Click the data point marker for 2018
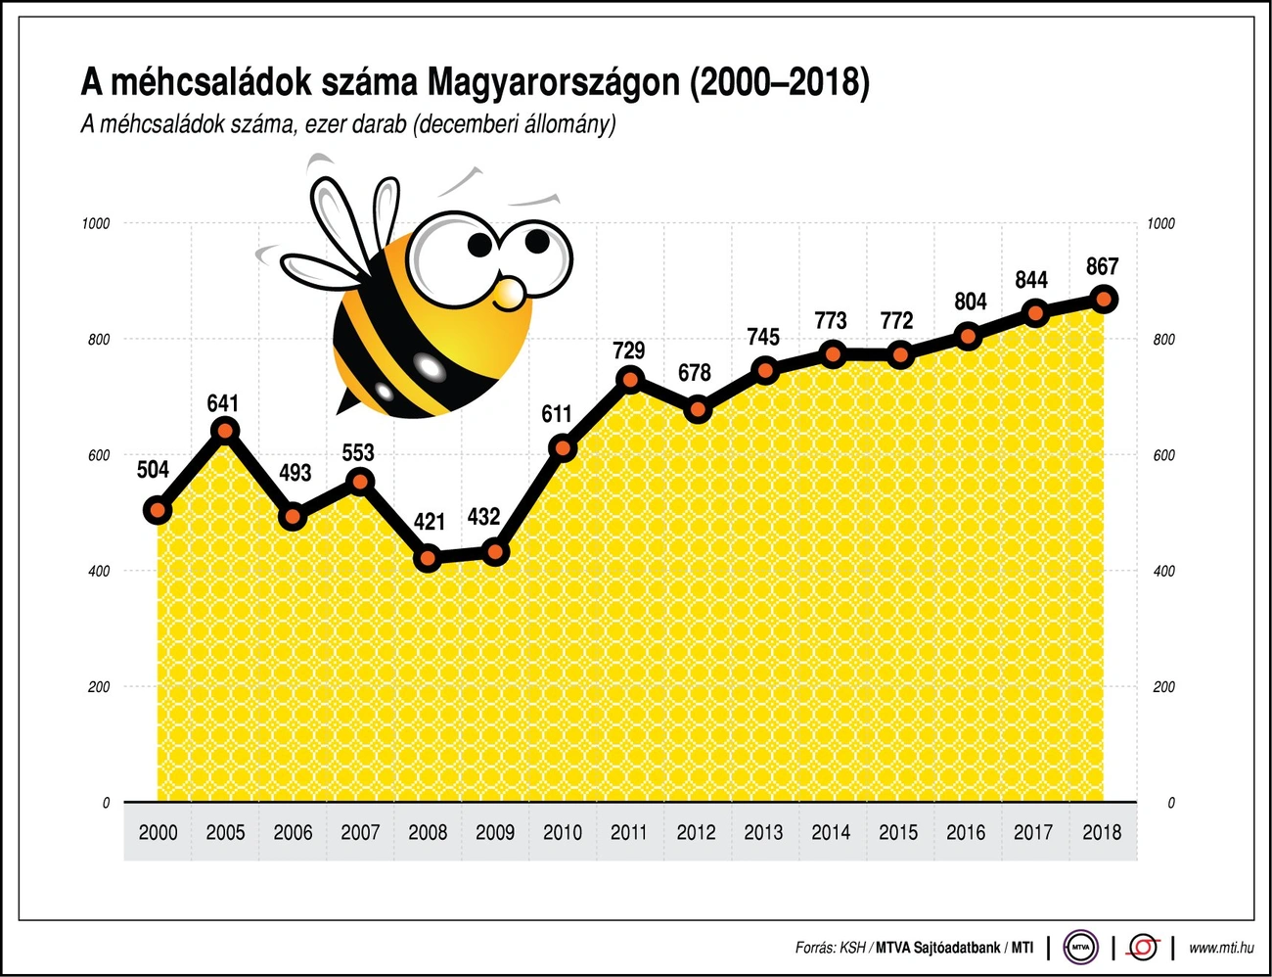[x=1104, y=300]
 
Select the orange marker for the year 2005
[x=225, y=431]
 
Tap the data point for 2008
[x=428, y=559]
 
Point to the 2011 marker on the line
[x=630, y=380]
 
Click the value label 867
[x=1102, y=267]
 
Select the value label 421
[x=430, y=522]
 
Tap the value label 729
[x=629, y=350]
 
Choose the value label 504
[x=153, y=470]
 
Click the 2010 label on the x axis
[x=563, y=833]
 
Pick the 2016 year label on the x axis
[x=966, y=833]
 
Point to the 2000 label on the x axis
[x=159, y=833]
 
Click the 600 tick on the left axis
[x=99, y=455]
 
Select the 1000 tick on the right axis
[x=1160, y=224]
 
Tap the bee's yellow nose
[x=510, y=292]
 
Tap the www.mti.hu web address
[x=1221, y=948]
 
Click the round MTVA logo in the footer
[x=1081, y=948]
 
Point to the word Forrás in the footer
[x=815, y=948]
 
